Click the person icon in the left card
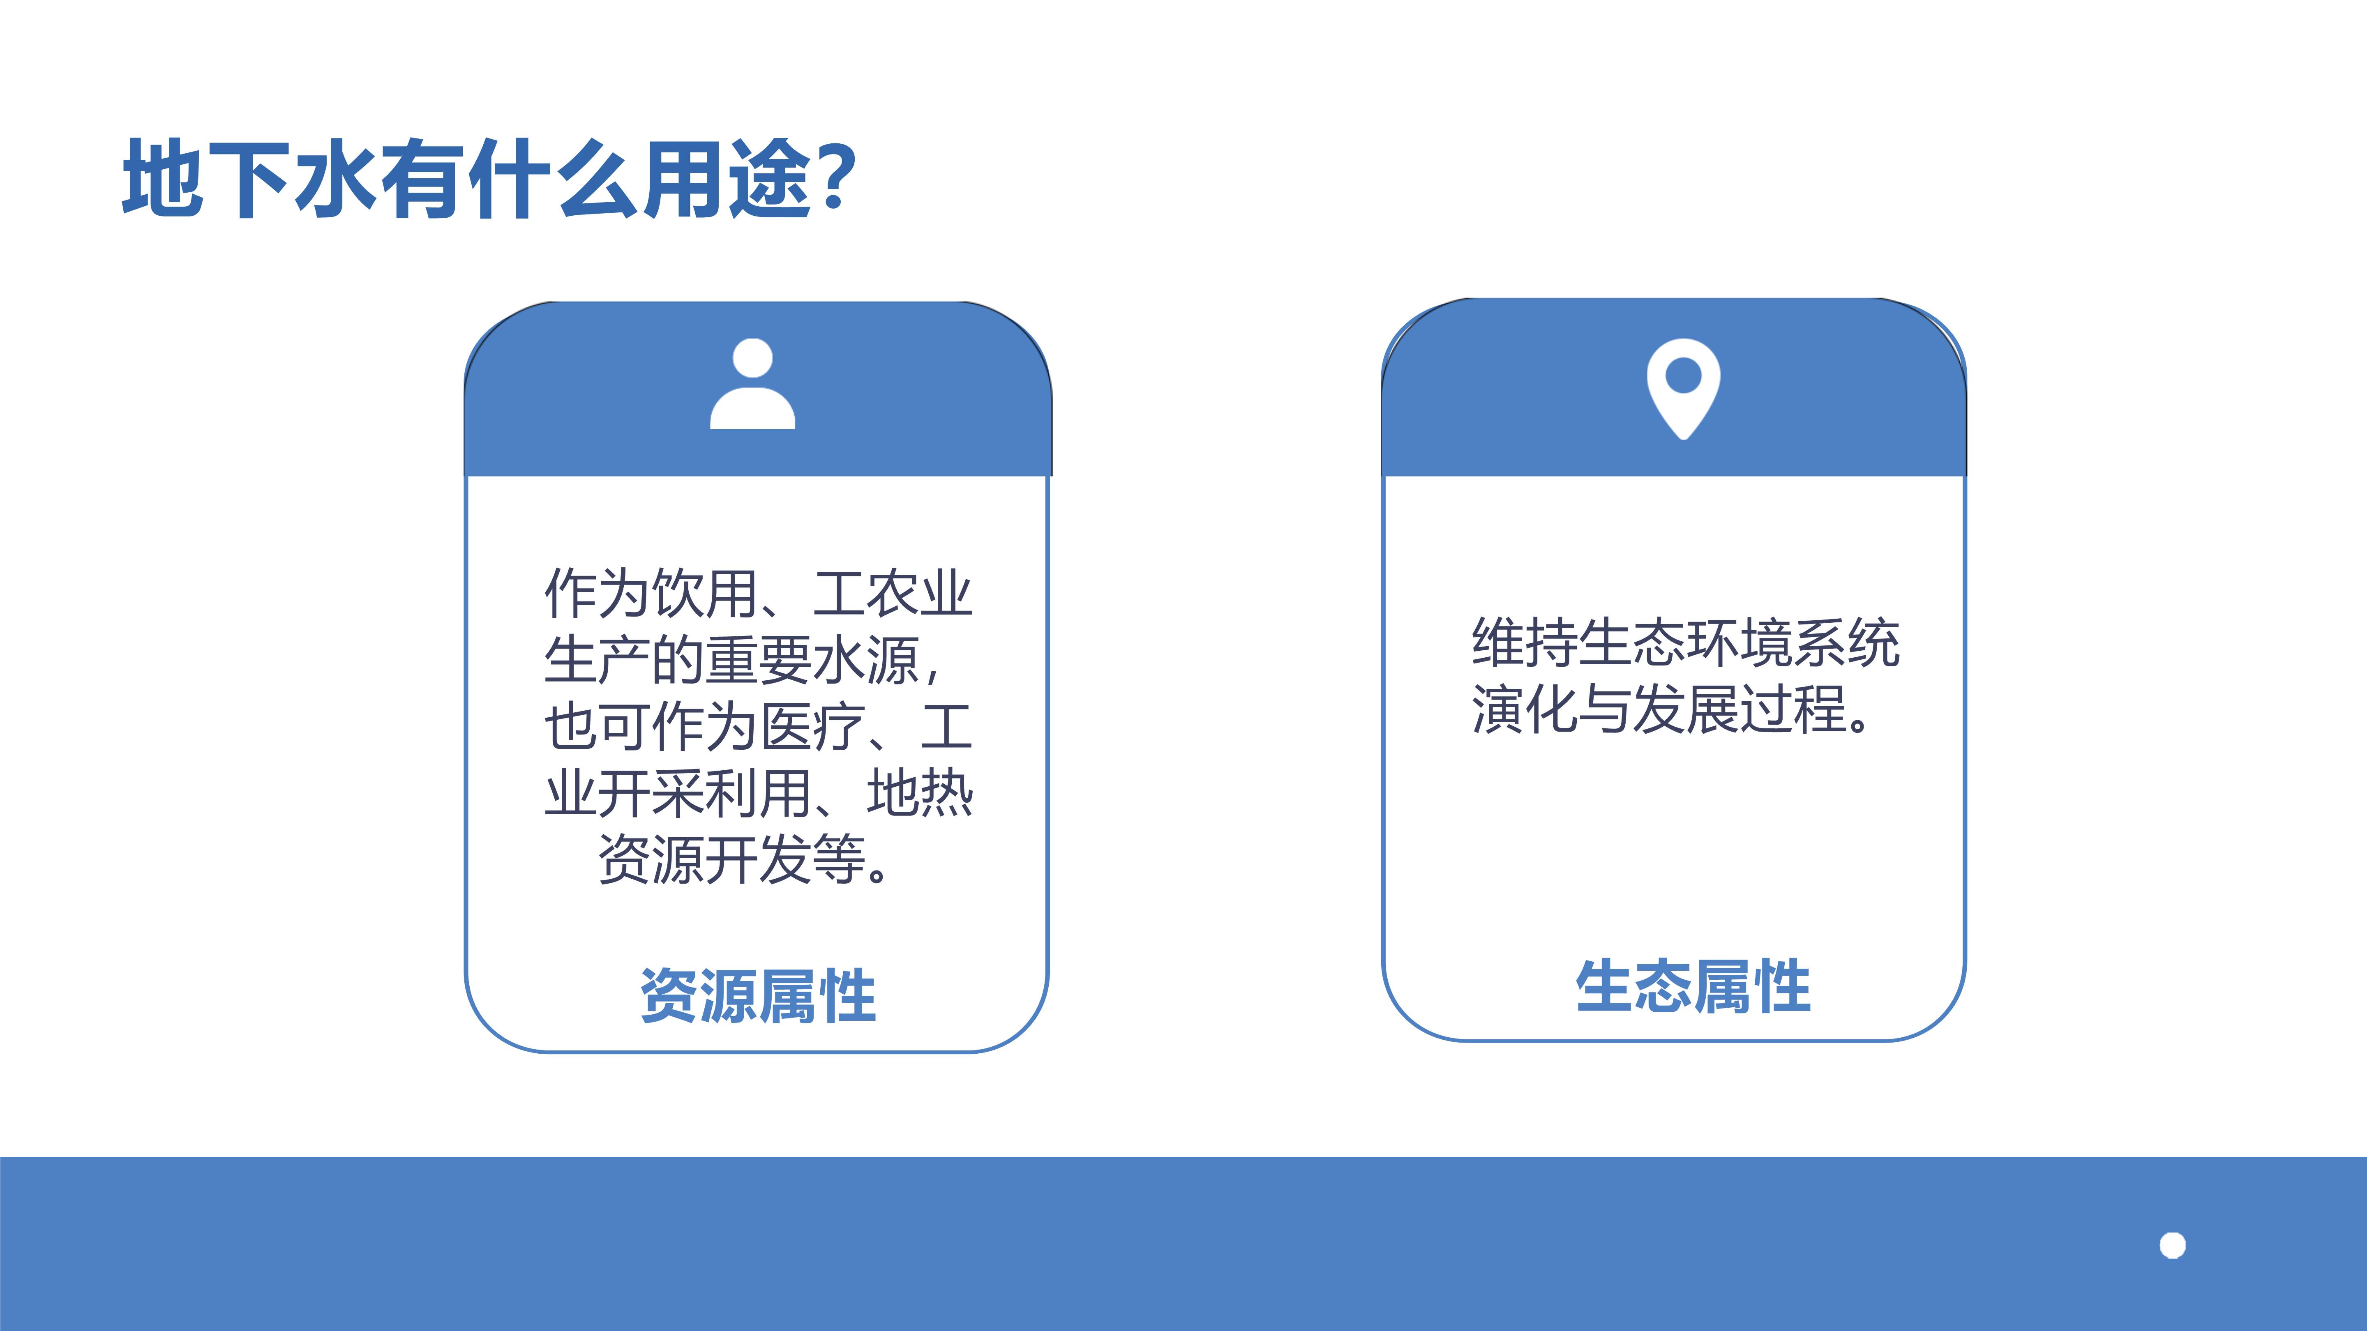[x=752, y=384]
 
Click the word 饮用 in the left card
[x=705, y=593]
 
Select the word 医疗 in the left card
[x=812, y=727]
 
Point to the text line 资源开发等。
[x=744, y=860]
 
